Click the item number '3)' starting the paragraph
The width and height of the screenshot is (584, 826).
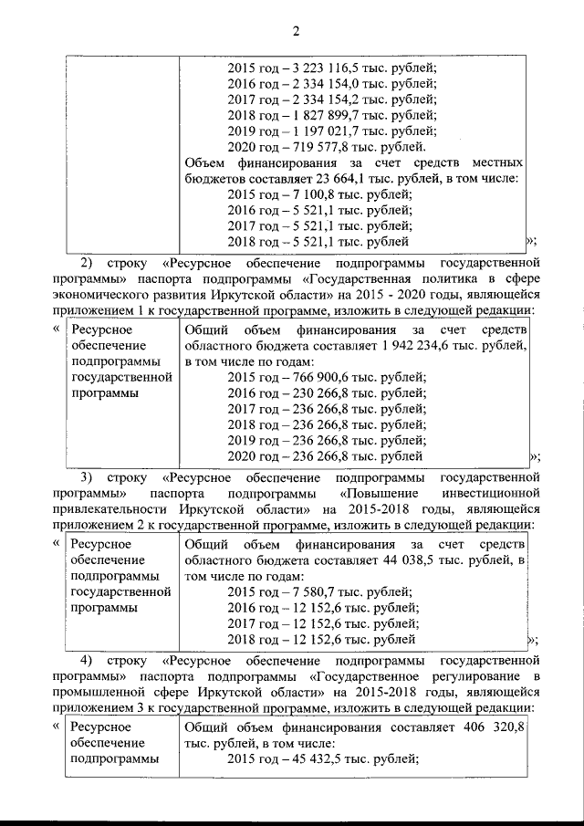pyautogui.click(x=89, y=477)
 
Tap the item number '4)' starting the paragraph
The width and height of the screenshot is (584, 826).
pyautogui.click(x=89, y=660)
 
